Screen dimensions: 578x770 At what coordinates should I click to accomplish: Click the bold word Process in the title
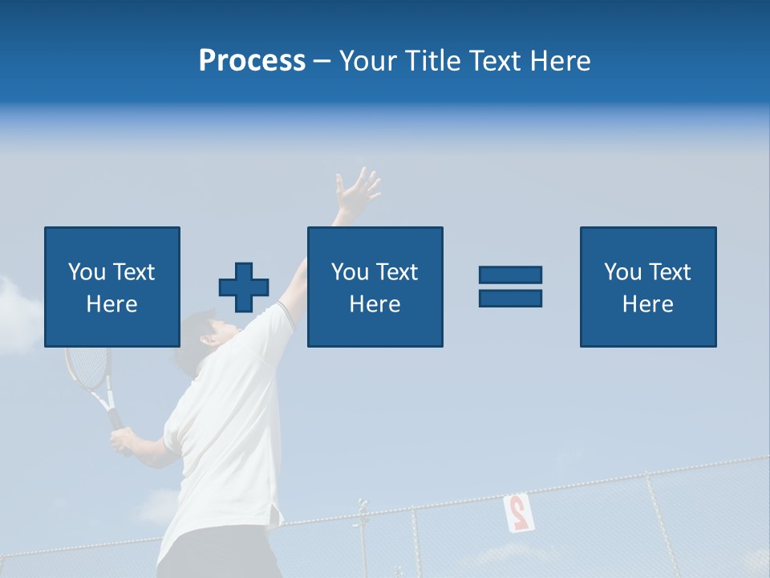(x=252, y=60)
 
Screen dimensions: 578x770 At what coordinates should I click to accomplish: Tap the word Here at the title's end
(x=558, y=60)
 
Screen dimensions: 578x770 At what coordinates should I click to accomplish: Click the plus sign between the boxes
(x=244, y=287)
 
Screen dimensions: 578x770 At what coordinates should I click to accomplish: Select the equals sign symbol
(x=510, y=287)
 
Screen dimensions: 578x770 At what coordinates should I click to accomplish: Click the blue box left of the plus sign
(x=112, y=287)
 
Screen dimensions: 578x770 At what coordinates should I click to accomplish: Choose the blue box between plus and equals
(x=375, y=287)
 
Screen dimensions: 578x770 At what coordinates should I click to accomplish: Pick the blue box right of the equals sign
(x=647, y=287)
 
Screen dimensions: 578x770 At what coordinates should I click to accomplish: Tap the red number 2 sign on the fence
(x=517, y=512)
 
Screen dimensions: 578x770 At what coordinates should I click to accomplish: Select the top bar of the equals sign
(x=510, y=275)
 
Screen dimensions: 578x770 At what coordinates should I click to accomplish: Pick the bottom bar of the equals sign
(x=510, y=299)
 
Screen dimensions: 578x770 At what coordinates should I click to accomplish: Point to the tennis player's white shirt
(x=225, y=433)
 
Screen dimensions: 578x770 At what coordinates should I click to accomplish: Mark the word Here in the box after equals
(x=647, y=304)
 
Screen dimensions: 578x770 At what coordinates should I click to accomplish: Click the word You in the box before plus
(x=87, y=272)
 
